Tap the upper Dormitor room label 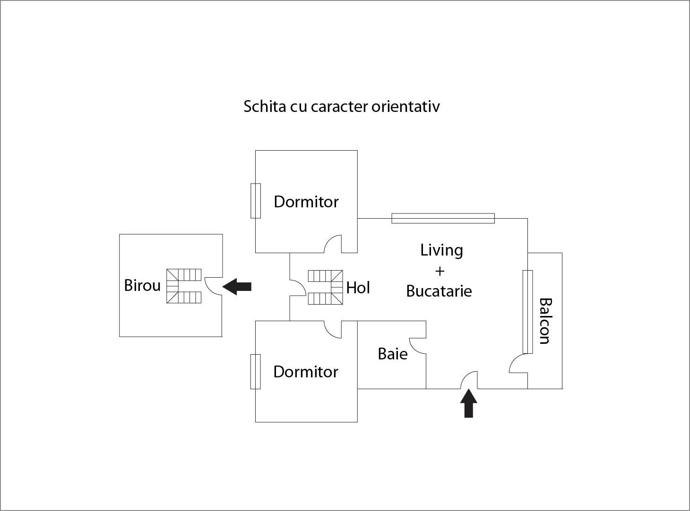coord(306,202)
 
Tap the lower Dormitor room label coord(306,372)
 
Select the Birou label coord(142,285)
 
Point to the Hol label coord(358,288)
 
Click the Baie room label coord(393,354)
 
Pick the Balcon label coord(545,321)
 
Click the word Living coord(441,250)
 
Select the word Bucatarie coord(439,291)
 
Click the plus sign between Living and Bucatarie coord(440,271)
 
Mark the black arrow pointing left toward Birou coord(237,287)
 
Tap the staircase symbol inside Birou coord(184,286)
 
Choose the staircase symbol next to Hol coord(325,287)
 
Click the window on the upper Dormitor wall coord(256,201)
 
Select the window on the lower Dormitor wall coord(256,372)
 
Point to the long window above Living coord(443,218)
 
